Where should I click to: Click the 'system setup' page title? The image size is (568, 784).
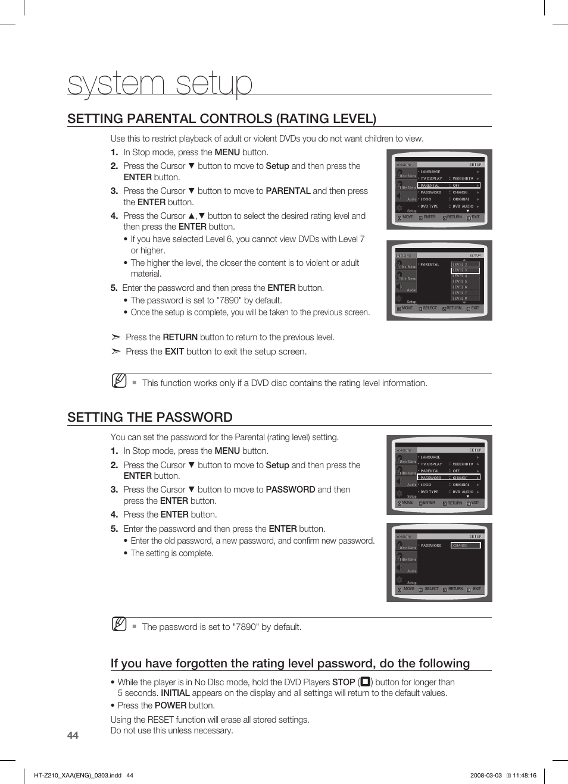point(160,83)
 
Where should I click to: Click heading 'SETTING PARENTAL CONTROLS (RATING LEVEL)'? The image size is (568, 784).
point(221,118)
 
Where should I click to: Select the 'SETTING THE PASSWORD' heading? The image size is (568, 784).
point(150,417)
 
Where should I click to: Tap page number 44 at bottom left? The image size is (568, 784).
point(73,735)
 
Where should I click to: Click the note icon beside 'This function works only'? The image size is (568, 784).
point(119,381)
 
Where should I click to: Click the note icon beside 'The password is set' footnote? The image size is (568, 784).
point(119,624)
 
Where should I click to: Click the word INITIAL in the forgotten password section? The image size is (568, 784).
point(175,693)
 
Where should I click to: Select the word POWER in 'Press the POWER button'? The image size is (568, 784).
point(170,705)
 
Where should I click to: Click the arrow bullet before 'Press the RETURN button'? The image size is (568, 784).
point(116,337)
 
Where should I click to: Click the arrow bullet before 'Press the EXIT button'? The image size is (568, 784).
point(116,352)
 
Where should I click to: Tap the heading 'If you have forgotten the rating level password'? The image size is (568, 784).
point(290,663)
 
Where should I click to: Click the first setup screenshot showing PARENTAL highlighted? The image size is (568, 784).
point(439,190)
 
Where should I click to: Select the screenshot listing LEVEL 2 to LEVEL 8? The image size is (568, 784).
point(439,280)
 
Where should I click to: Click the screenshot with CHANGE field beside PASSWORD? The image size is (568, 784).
point(439,562)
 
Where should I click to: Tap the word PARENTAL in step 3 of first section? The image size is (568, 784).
point(288,191)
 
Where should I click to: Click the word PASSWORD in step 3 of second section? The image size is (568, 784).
point(290,490)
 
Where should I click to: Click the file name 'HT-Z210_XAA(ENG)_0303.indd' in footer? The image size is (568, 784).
point(77,775)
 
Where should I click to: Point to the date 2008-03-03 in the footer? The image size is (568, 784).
point(486,775)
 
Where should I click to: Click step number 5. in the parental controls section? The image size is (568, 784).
point(114,288)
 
